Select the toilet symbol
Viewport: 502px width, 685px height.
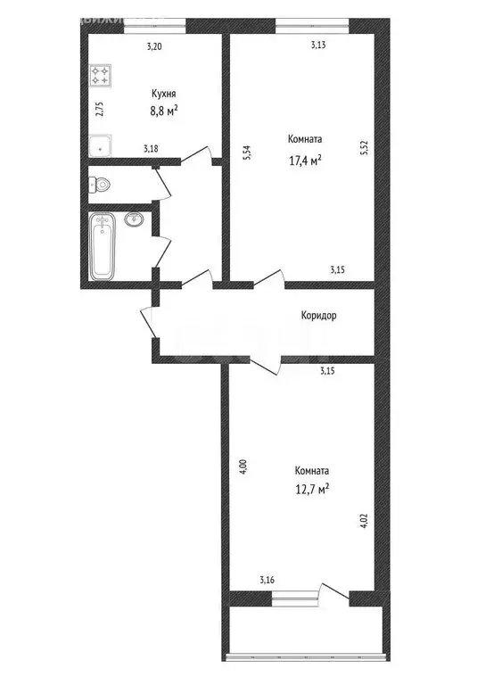click(100, 185)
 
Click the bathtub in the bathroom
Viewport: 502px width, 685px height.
click(103, 246)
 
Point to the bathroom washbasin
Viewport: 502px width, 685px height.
click(136, 219)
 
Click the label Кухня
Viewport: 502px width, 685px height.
click(162, 93)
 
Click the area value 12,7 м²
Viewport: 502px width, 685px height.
click(312, 489)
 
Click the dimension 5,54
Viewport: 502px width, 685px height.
click(247, 153)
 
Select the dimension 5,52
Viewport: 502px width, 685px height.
click(364, 147)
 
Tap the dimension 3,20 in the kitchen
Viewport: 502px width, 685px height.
click(154, 47)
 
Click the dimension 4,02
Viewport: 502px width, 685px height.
click(363, 520)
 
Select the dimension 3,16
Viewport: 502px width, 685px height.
click(267, 582)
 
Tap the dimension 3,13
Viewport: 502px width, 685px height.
click(317, 45)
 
